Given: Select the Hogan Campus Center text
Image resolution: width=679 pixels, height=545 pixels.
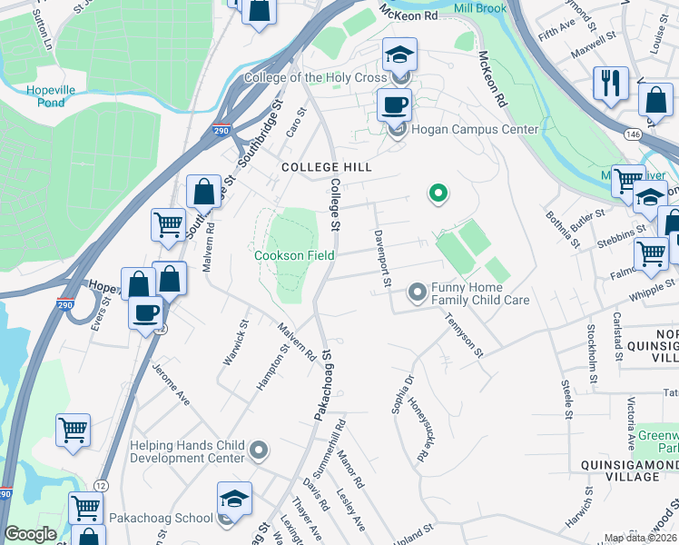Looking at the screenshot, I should pos(475,129).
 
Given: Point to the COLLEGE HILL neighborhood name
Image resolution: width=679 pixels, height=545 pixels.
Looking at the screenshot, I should pos(326,167).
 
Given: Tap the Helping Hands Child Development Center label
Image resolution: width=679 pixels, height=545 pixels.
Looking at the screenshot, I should pos(188,451).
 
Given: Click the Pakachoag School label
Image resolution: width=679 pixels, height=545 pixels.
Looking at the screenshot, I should pos(161,518).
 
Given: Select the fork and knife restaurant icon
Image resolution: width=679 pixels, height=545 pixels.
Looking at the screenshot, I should pos(611,84).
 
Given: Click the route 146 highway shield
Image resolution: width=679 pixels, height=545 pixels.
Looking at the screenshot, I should pos(633,134).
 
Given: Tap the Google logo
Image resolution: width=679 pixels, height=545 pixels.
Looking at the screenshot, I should pos(30,534).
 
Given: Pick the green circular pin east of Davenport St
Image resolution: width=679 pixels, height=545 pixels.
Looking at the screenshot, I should pos(438,193).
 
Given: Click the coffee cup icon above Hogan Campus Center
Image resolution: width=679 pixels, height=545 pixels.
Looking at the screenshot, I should pos(395,106).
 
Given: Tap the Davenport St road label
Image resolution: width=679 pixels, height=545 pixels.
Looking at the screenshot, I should pos(381,259).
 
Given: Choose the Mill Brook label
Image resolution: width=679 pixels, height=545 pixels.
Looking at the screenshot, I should pos(479,8).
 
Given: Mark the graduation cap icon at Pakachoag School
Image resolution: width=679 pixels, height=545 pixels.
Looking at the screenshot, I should pos(234,500).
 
